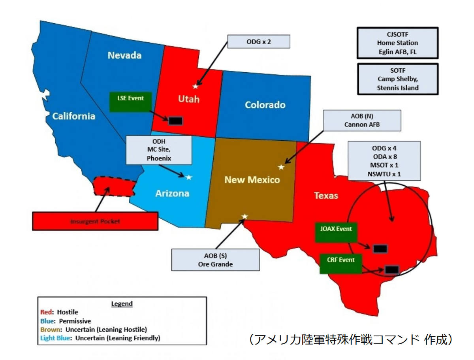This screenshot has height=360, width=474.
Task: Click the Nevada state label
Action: pos(124,55)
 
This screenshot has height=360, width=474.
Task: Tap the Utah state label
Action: pos(189,99)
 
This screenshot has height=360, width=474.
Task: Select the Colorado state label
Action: pos(265,105)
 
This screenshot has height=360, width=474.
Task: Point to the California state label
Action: pos(74,116)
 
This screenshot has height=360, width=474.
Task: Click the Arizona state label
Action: pos(172,193)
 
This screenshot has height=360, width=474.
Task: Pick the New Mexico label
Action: pos(252,180)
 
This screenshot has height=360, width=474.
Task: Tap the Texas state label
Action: pos(326,195)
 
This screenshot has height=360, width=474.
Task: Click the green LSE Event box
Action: pos(130,102)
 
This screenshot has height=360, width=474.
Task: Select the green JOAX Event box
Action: pos(336,232)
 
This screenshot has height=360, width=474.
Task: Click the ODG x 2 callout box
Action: pos(259,41)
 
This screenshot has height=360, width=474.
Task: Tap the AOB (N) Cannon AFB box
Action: pos(362,121)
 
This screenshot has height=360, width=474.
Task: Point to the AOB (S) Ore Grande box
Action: pos(215,259)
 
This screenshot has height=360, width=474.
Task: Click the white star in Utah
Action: pos(195,86)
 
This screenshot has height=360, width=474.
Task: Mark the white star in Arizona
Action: pos(189,177)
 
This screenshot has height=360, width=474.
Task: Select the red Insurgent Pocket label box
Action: pos(95,221)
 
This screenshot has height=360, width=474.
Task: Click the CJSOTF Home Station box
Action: pos(397,43)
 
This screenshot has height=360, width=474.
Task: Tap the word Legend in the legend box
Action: pos(122,304)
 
